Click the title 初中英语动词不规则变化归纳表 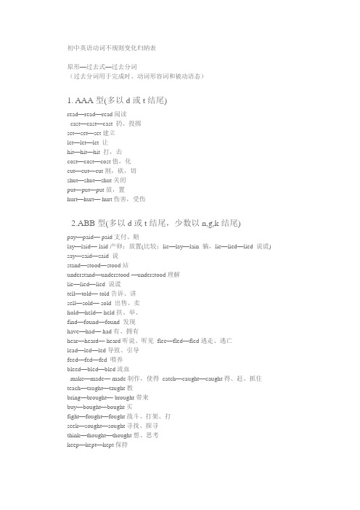[110, 48]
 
